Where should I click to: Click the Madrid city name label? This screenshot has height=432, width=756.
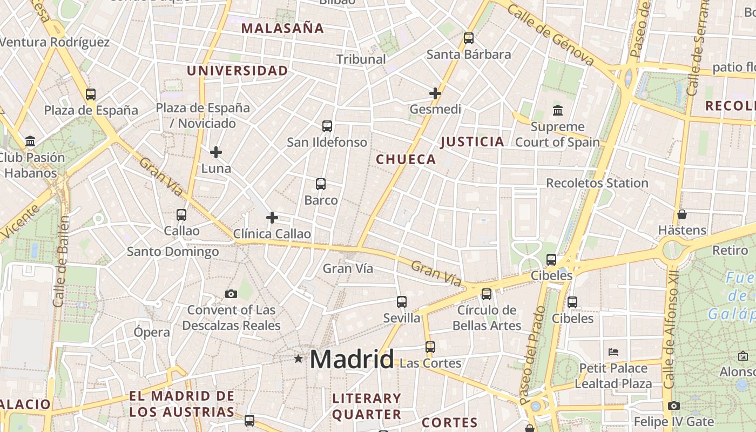(x=352, y=360)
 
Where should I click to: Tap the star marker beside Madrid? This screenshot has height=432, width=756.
(x=298, y=359)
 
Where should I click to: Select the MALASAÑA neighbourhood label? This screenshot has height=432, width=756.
(x=282, y=28)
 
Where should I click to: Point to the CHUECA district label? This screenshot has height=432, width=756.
(x=406, y=159)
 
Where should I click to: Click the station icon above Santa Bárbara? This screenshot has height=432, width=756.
(x=469, y=38)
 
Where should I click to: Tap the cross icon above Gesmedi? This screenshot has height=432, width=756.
(x=435, y=93)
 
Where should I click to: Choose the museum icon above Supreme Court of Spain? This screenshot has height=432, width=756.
(x=558, y=111)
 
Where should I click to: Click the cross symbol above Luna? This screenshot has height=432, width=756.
(x=216, y=152)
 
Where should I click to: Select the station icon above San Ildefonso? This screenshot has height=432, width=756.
(x=327, y=126)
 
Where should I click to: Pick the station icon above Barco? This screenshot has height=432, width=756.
(x=321, y=184)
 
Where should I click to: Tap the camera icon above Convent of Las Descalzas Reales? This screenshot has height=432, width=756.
(x=231, y=294)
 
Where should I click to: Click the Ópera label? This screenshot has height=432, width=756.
(x=152, y=332)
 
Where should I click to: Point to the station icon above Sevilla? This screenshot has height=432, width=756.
(x=402, y=302)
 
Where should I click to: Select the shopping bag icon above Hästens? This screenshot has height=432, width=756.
(x=682, y=214)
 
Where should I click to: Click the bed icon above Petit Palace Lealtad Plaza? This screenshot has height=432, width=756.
(x=613, y=352)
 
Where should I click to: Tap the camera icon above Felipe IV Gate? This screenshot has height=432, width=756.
(x=673, y=406)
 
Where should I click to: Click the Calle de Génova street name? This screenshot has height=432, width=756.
(x=550, y=35)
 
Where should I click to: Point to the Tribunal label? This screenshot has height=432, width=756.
(x=361, y=59)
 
